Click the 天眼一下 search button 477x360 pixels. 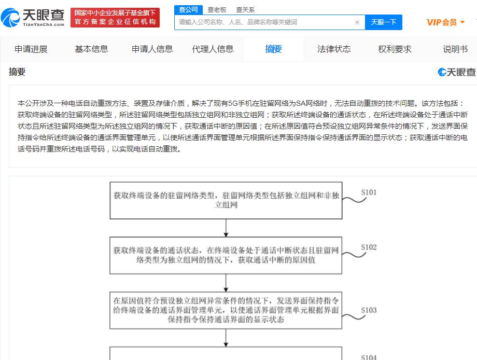383,22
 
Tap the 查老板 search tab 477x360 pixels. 217,10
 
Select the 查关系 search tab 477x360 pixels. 245,10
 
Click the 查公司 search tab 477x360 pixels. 188,10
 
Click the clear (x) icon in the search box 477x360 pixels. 357,22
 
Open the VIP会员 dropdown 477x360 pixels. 445,22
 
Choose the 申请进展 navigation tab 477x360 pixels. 31,49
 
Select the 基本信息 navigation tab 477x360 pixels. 92,49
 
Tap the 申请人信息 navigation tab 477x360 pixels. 152,49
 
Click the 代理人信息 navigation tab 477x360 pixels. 213,49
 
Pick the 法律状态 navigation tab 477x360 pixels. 334,49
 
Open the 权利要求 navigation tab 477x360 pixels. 395,49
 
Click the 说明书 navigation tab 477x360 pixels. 455,49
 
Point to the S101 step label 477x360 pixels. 369,192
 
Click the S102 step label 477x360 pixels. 369,247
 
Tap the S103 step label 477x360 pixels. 369,310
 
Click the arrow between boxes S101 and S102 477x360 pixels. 226,228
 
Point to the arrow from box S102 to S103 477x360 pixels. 226,283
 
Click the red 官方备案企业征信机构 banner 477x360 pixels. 115,18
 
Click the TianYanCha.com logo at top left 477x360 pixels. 33,18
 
